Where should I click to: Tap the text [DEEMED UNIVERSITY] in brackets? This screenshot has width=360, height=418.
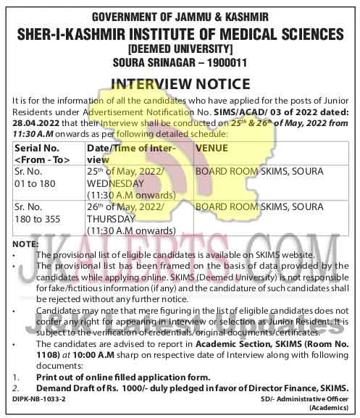(180, 49)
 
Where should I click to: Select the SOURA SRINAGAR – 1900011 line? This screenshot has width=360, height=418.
(180, 63)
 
